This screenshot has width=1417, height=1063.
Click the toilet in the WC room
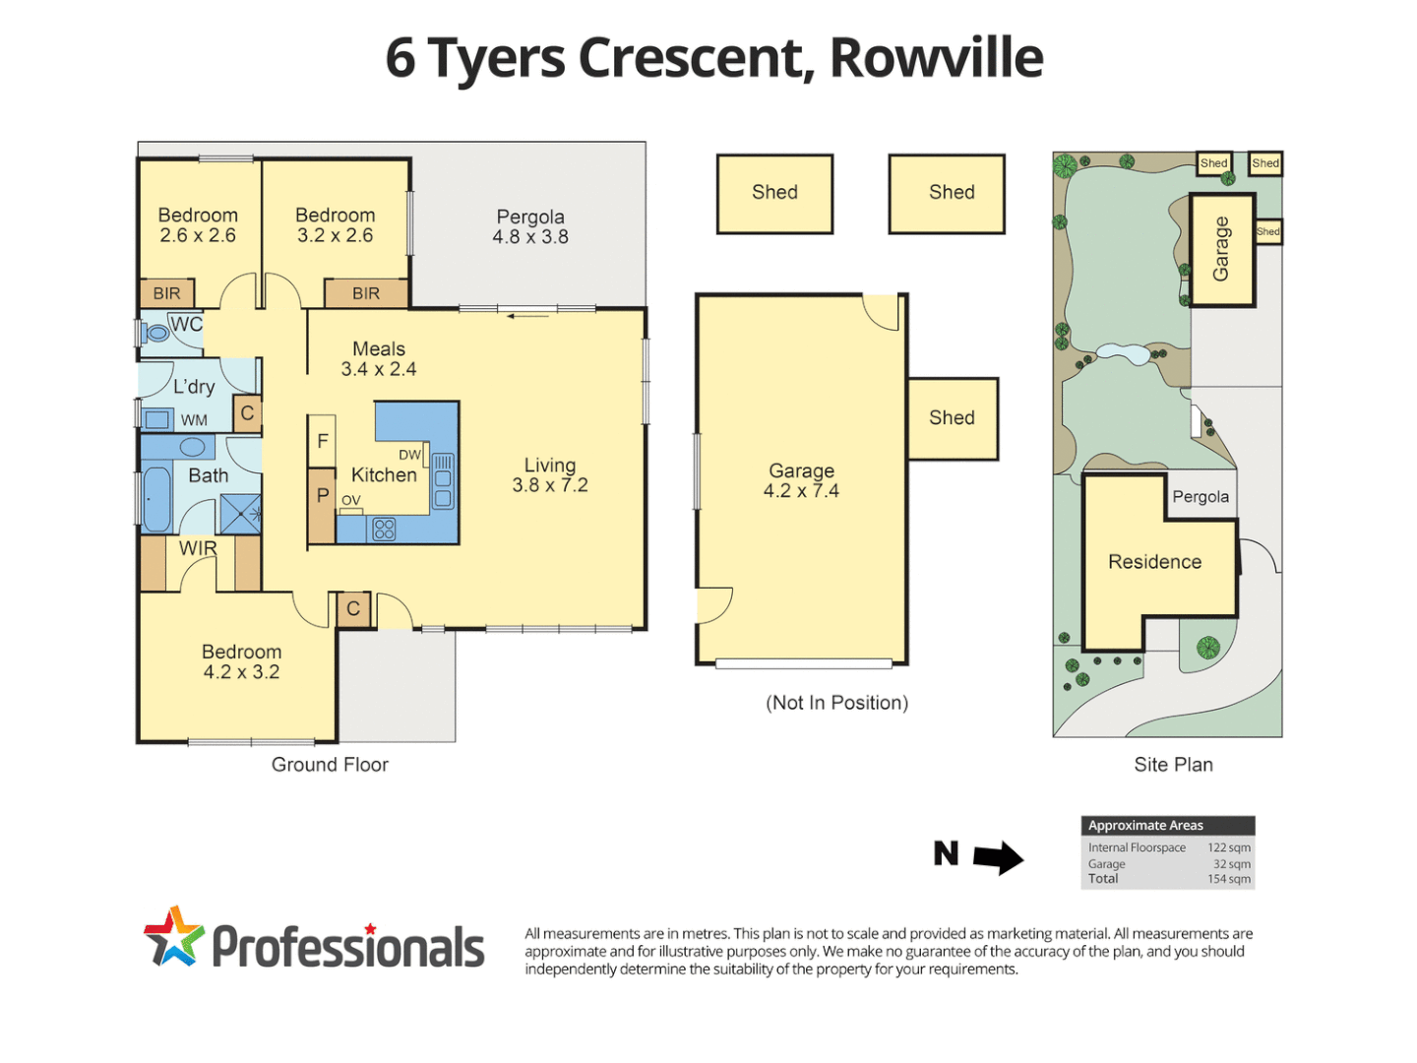pos(154,333)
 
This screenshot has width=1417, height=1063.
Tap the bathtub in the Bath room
pos(156,499)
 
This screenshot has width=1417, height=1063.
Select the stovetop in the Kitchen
pos(384,529)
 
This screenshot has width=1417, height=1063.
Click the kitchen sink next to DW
pos(443,479)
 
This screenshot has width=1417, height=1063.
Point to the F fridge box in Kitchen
pos(322,442)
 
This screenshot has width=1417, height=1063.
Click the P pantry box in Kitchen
pos(322,496)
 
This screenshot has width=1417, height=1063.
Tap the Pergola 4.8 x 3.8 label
pos(530,226)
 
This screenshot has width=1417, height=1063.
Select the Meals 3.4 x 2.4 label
pos(379,359)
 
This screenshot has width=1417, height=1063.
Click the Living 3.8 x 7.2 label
pos(549,474)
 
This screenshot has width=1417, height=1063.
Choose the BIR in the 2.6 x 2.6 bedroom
pos(166,293)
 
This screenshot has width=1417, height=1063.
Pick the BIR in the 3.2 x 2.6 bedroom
pos(366,293)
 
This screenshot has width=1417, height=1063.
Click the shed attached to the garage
pos(952,418)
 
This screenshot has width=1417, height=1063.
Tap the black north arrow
pos(997,857)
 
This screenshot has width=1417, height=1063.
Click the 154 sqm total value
pos(1229,879)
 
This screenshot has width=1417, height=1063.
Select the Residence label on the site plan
pos(1154,562)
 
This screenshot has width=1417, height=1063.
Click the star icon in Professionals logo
pos(173,936)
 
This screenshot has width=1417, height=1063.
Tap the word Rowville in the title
pos(936,58)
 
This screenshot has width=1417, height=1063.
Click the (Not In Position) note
pos(836,703)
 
